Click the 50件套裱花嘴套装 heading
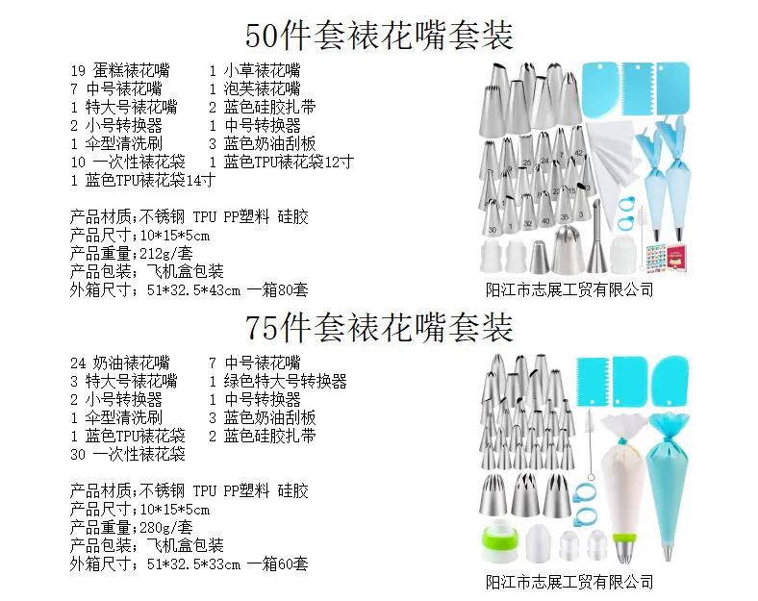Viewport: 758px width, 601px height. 378,35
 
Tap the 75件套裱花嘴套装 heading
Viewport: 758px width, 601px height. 378,327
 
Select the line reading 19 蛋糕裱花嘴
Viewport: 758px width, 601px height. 120,70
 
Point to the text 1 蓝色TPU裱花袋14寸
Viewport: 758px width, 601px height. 142,180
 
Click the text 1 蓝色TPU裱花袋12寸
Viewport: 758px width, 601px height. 281,162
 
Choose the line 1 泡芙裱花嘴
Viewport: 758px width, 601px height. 255,88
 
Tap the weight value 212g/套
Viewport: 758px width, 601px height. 166,253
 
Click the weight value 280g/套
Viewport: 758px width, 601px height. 166,527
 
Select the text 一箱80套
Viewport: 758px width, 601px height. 277,289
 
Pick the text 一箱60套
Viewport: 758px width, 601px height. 277,563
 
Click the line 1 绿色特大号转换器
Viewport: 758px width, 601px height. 278,381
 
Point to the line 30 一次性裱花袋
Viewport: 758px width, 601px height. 128,454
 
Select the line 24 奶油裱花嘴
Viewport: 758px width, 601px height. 120,363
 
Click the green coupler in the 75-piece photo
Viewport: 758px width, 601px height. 500,543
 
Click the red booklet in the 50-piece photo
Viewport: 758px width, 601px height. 678,258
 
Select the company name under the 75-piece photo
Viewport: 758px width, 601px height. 569,582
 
